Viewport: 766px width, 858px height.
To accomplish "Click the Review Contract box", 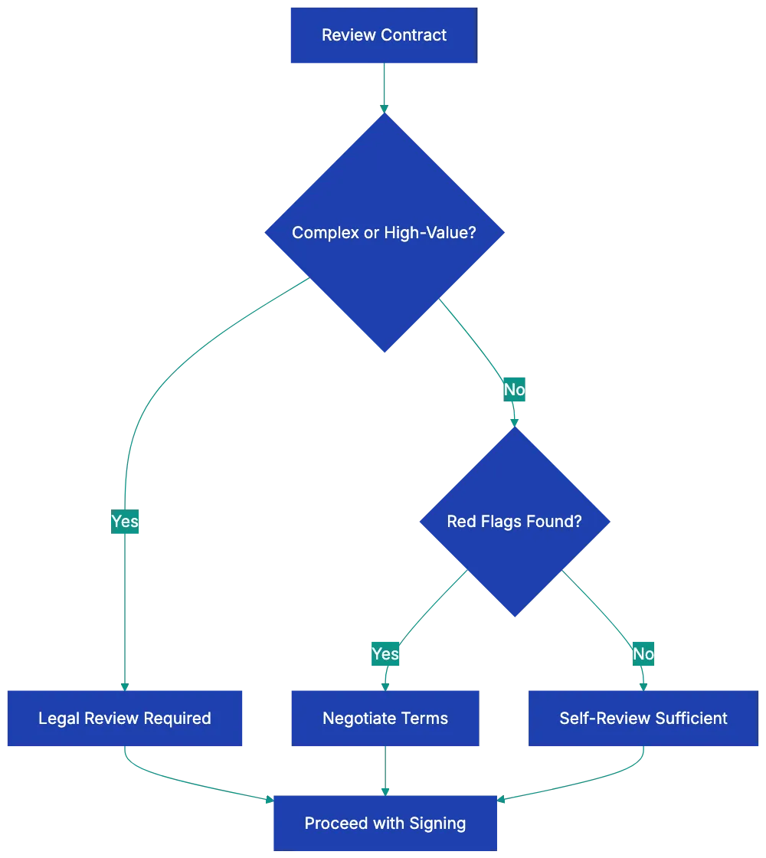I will (x=383, y=36).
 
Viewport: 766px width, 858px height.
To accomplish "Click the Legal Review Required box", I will (x=125, y=718).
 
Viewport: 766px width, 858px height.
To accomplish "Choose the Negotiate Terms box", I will (x=385, y=718).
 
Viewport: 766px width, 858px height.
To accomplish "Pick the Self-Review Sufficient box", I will (x=643, y=718).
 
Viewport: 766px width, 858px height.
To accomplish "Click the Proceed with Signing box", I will (x=385, y=824).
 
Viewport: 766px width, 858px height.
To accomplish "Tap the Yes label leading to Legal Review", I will (x=125, y=522).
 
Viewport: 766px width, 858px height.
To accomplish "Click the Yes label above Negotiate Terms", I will (x=385, y=653).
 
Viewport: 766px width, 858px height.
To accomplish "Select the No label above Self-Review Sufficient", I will (x=643, y=653).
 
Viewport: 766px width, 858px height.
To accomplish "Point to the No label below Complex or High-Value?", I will (x=514, y=390).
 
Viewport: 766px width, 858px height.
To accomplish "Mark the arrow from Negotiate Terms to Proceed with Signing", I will (x=385, y=771).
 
